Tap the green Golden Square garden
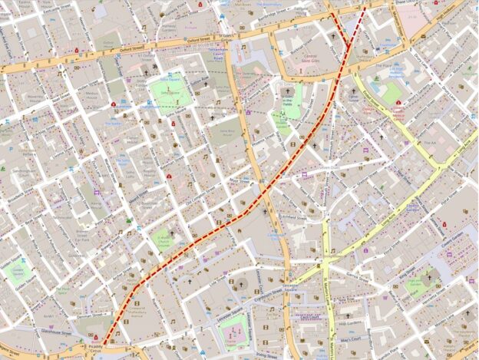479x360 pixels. pyautogui.click(x=18, y=271)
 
